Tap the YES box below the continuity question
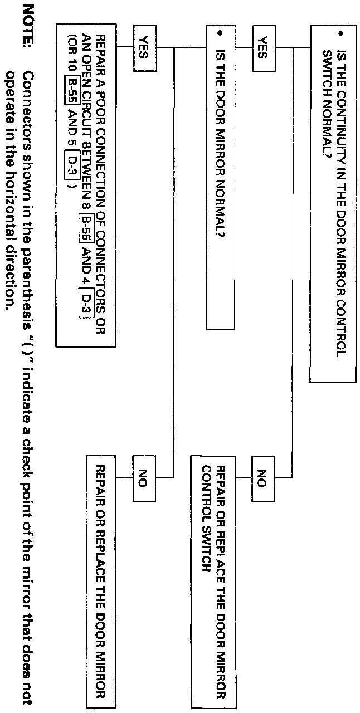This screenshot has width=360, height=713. pyautogui.click(x=264, y=47)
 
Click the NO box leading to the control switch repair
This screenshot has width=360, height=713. pyautogui.click(x=264, y=477)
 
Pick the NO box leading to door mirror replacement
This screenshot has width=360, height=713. pyautogui.click(x=144, y=477)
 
